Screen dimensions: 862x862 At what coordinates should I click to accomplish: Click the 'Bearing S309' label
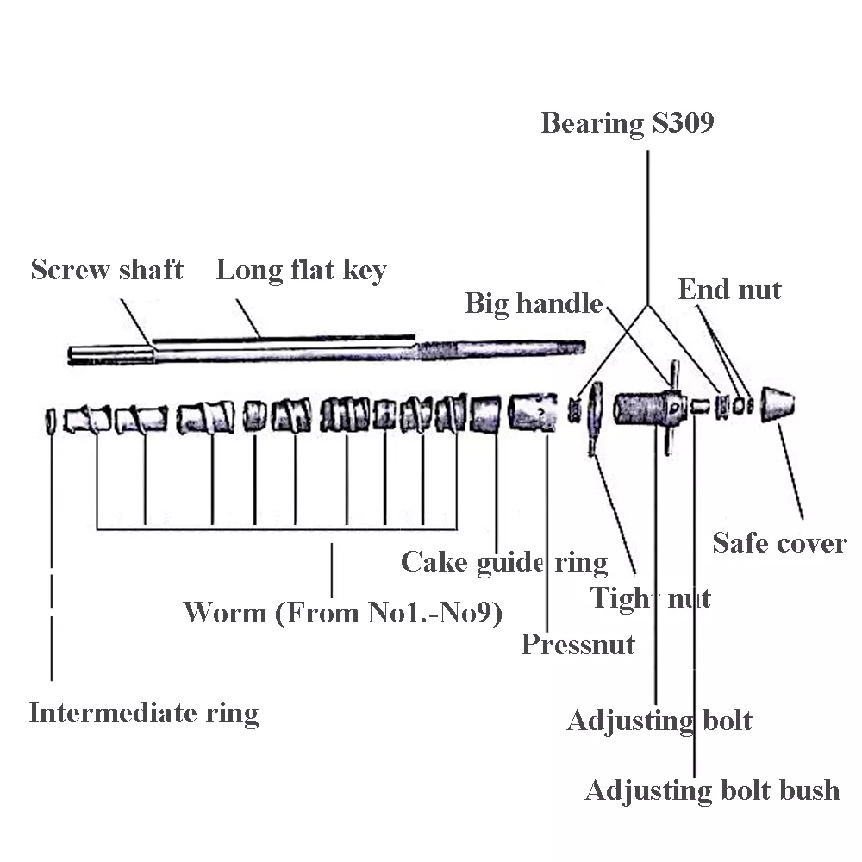tap(627, 123)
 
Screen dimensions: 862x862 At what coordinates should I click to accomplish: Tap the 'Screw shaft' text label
tap(107, 270)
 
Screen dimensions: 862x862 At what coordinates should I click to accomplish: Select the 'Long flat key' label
tap(301, 270)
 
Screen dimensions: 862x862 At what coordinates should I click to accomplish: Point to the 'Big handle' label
tap(534, 303)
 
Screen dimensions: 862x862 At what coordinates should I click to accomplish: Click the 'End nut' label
tap(729, 290)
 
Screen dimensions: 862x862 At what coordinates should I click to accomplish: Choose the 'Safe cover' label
tap(779, 543)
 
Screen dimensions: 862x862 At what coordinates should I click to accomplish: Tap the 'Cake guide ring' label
tap(504, 562)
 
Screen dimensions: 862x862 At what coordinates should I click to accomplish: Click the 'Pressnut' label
tap(578, 644)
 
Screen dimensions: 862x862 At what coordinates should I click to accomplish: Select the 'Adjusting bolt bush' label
tap(712, 790)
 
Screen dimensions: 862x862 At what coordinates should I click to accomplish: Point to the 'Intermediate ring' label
tap(144, 713)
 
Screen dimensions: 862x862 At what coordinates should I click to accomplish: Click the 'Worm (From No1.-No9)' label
tap(343, 613)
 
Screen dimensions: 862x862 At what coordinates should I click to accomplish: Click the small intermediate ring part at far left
tap(51, 420)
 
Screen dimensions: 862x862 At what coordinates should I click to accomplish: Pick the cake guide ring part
tap(485, 412)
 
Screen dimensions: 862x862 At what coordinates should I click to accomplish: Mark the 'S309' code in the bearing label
tap(683, 123)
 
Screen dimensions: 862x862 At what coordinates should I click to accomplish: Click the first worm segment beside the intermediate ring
tap(89, 417)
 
